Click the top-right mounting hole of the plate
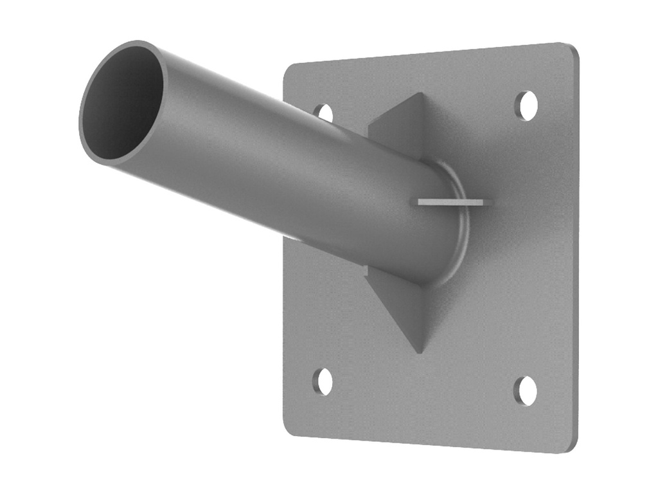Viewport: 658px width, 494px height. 527,105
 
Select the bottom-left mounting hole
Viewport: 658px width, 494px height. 323,381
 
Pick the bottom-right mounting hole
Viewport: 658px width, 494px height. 526,390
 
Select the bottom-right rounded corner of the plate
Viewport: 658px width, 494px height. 570,446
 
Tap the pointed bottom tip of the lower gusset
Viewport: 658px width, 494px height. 420,351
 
